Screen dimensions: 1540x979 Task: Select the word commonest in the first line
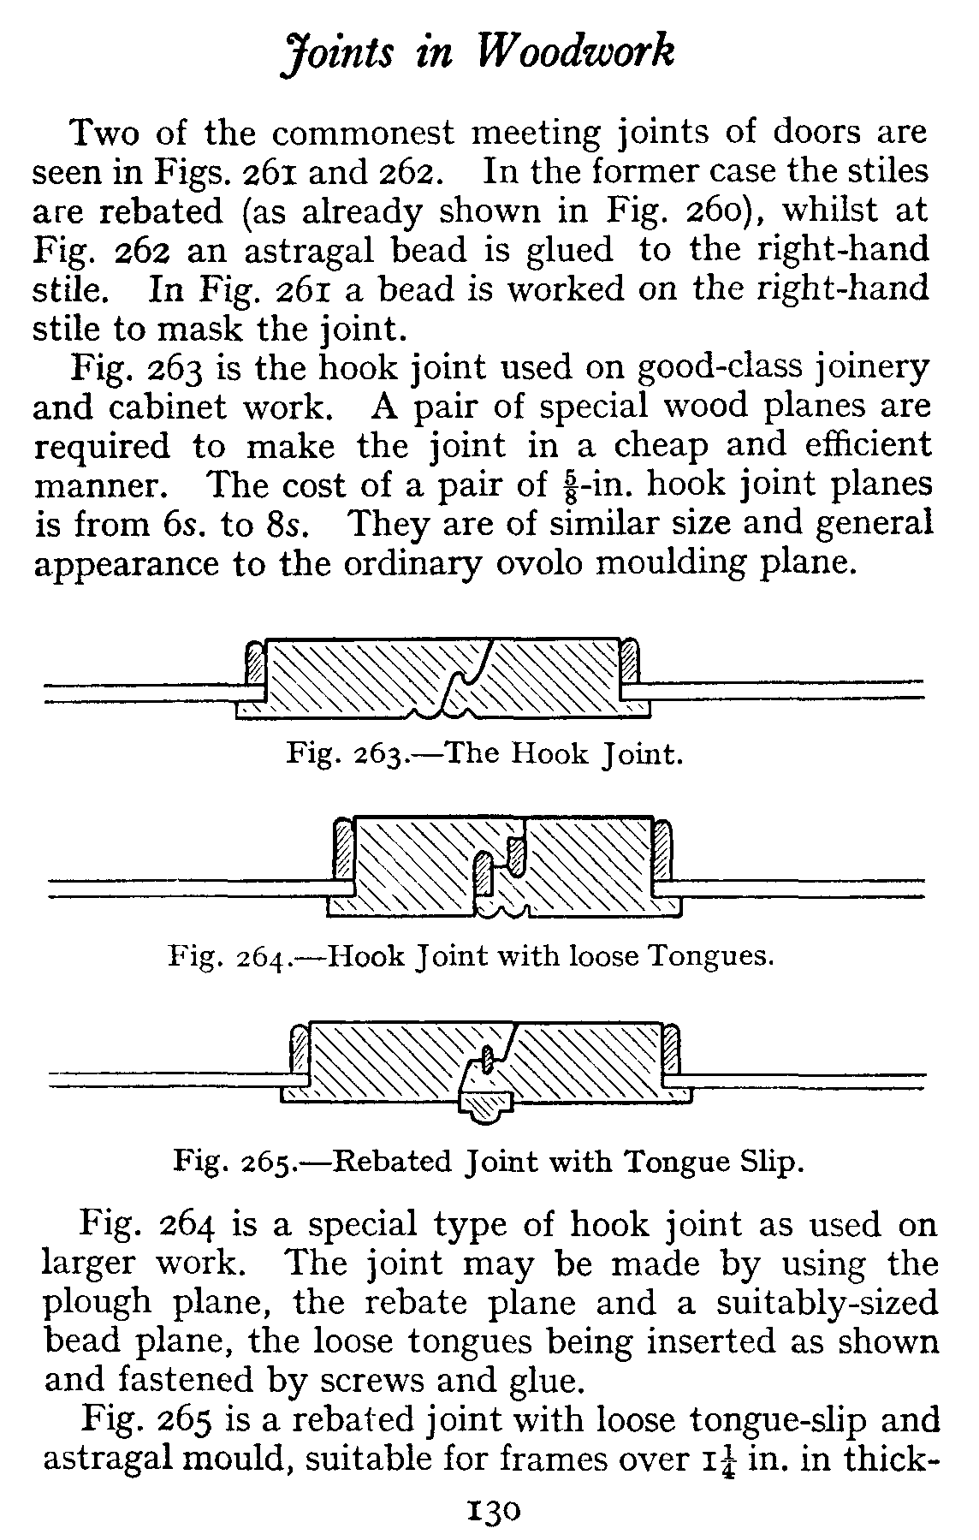[x=365, y=134]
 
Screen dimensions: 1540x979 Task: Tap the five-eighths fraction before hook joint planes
[x=561, y=485]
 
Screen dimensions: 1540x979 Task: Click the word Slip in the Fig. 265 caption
[x=768, y=1162]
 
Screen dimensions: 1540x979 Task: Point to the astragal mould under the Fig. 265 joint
[x=484, y=1106]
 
